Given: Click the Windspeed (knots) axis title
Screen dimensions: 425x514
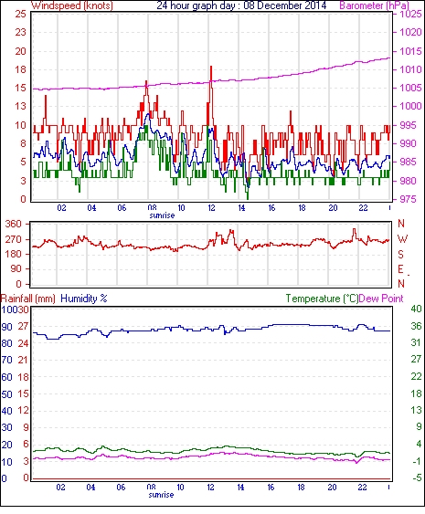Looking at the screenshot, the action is click(72, 5).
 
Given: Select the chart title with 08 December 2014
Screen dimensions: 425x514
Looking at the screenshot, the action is click(241, 5).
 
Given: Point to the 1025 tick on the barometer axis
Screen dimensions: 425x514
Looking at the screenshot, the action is click(410, 14).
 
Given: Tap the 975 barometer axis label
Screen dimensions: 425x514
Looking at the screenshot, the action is click(410, 199).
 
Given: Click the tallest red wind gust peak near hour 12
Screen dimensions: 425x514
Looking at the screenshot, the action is click(211, 67).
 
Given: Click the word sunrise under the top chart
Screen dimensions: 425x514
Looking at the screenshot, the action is click(162, 215).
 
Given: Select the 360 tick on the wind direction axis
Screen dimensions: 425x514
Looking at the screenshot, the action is click(14, 225).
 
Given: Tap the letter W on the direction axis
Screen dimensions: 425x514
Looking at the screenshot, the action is click(402, 238).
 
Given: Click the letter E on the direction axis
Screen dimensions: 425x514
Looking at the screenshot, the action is click(400, 269).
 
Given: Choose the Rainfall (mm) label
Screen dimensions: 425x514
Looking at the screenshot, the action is click(28, 299).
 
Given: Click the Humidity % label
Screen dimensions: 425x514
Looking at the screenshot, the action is click(84, 299).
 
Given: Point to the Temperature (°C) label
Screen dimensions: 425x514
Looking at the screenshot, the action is click(322, 299).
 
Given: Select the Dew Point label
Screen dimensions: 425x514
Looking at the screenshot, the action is click(381, 299).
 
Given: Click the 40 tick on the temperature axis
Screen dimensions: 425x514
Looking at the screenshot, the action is click(416, 309).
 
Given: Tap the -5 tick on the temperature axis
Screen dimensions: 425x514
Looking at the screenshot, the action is click(416, 478).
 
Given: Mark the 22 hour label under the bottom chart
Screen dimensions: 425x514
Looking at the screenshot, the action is click(362, 488).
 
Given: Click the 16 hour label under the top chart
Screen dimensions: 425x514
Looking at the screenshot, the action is click(271, 208).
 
